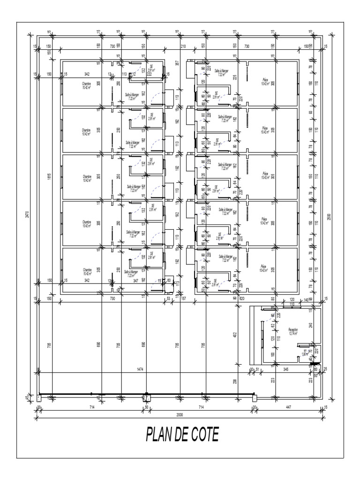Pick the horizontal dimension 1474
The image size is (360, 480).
tap(141, 370)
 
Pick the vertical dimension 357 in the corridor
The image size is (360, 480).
tap(177, 64)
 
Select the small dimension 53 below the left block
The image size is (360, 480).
tap(168, 298)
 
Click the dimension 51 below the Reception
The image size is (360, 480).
tap(257, 370)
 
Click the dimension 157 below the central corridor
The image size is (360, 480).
tap(183, 298)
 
